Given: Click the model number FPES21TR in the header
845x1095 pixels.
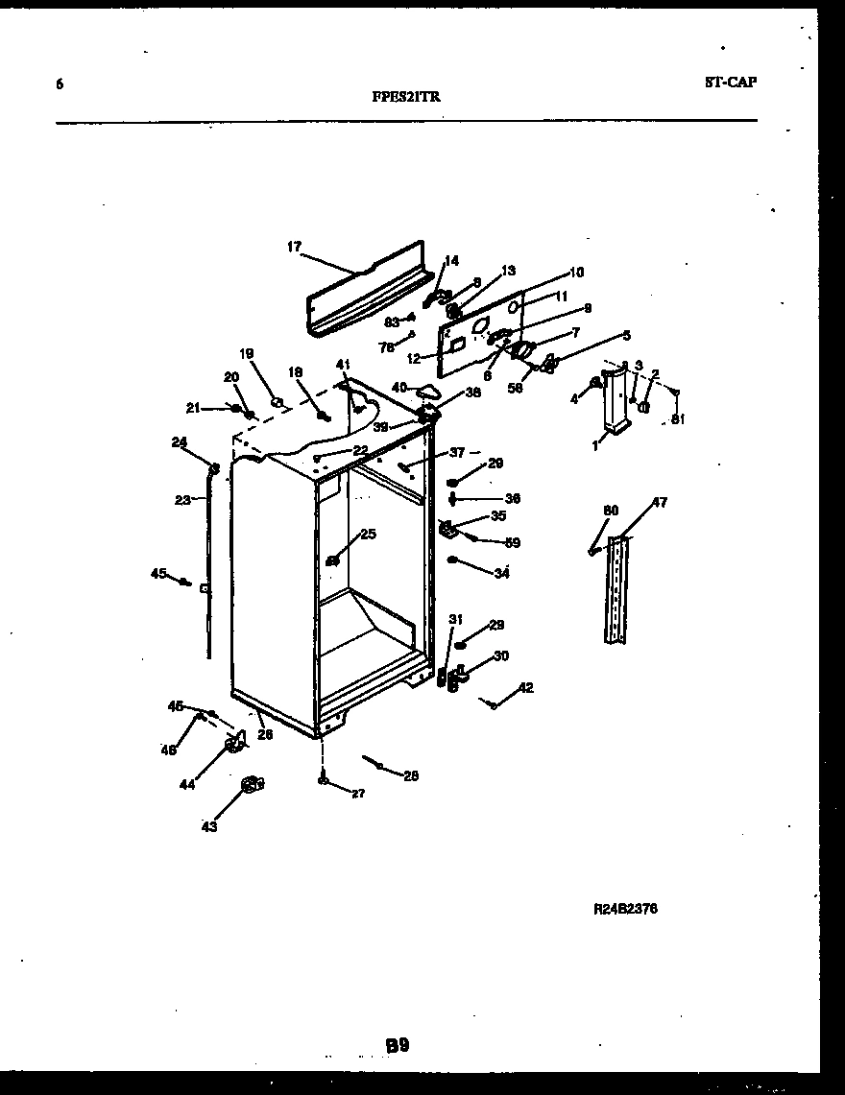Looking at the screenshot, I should [x=406, y=96].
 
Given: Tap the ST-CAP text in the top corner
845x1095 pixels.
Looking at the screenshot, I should [x=730, y=83].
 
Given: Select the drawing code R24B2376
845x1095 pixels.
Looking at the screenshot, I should [x=626, y=908].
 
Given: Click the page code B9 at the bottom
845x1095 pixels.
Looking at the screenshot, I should [x=398, y=1045].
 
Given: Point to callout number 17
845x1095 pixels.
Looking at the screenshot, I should [x=294, y=247].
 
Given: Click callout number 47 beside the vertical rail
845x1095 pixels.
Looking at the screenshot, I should [x=660, y=502].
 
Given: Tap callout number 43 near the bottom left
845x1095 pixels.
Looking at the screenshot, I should [x=208, y=826].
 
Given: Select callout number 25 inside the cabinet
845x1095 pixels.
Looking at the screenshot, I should [x=368, y=534].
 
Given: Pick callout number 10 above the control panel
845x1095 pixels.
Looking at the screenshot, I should [x=576, y=272].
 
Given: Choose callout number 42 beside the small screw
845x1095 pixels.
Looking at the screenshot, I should [x=525, y=687].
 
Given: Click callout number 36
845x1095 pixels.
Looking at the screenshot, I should [x=512, y=498].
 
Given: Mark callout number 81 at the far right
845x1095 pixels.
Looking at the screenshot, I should [x=679, y=418].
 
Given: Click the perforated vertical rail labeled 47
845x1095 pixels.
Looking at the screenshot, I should [x=615, y=590].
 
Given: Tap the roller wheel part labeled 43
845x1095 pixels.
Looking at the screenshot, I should [x=252, y=785].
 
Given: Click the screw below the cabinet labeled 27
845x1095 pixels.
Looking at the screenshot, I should [x=323, y=780].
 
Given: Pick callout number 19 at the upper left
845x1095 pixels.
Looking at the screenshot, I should [x=247, y=353].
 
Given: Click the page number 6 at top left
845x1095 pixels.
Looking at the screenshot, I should [x=60, y=84].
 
